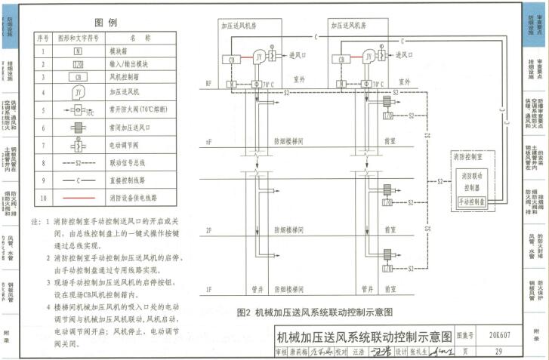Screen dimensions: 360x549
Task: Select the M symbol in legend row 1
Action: [x=79, y=51]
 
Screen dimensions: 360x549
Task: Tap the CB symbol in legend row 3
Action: [x=79, y=77]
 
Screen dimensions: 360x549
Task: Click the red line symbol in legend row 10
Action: [x=79, y=198]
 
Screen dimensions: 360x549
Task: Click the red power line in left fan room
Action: [x=249, y=56]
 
